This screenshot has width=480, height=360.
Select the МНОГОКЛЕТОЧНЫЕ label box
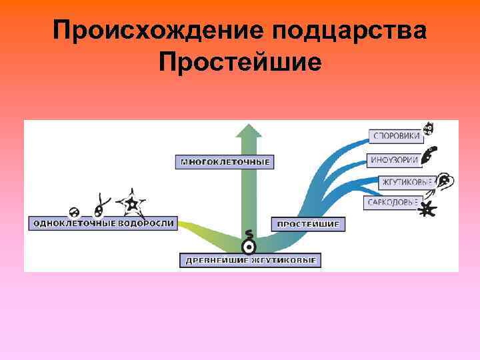point(226,161)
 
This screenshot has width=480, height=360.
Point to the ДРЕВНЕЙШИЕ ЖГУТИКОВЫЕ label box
point(250,259)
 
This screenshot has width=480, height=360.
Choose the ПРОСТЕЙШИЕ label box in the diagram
point(308,224)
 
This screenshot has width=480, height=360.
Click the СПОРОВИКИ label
point(396,136)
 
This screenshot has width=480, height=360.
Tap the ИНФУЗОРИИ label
point(394,160)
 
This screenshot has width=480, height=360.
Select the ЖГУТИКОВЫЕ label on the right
point(407,181)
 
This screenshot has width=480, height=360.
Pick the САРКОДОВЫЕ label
point(392,202)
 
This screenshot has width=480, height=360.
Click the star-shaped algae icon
point(131,203)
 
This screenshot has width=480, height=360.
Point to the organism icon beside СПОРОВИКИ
point(428,129)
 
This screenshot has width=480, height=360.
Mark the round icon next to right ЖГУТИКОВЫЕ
point(445,181)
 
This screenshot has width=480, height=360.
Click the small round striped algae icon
point(75,212)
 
